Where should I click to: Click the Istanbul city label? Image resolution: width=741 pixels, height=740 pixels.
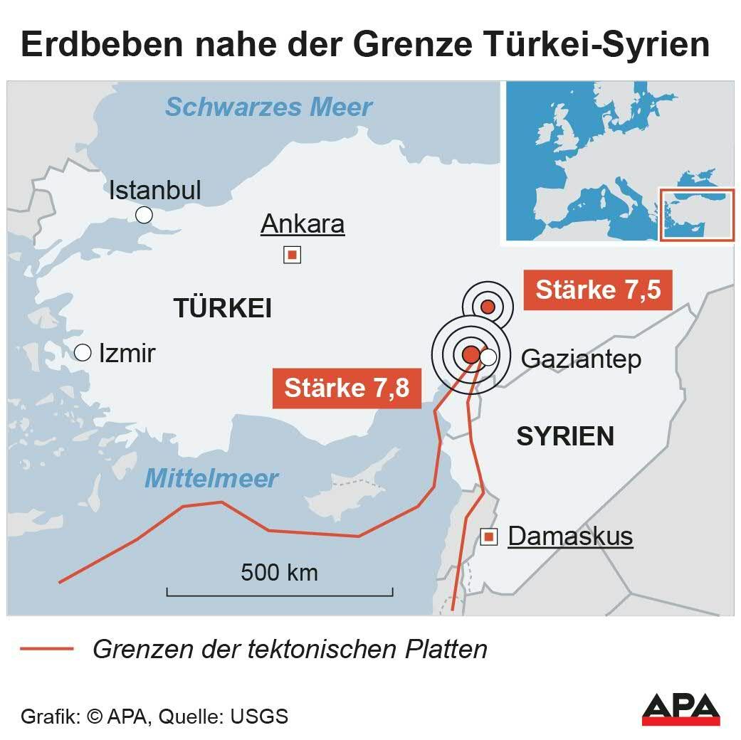pos(154,190)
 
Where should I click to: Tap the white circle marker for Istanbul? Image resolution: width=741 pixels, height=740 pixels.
pos(144,215)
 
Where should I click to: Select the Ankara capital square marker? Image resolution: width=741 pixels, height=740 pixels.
pos(292,255)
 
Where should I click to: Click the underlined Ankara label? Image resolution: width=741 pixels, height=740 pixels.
pos(303,224)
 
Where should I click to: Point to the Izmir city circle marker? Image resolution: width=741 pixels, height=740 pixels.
pos(83,352)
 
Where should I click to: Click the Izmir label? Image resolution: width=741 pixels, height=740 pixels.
pos(127,353)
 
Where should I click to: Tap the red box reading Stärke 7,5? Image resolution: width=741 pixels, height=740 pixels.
pos(598,290)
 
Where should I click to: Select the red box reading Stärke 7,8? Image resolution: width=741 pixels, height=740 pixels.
pos(347,388)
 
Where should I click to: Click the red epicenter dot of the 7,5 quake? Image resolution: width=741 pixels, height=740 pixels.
pos(488,307)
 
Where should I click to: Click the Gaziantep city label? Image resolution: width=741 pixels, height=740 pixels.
pos(581,359)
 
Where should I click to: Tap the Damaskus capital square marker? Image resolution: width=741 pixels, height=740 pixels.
pos(489,537)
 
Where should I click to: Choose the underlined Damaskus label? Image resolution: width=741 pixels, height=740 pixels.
pos(570,536)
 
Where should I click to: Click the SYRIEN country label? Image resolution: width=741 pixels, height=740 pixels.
pos(565,437)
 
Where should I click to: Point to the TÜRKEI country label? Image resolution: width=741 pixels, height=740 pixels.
pos(223,309)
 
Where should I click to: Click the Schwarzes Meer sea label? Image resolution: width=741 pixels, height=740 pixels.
pos(268,107)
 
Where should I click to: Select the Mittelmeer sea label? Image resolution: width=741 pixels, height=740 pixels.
pos(211,478)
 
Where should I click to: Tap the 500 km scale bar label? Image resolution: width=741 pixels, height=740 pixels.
pos(279,572)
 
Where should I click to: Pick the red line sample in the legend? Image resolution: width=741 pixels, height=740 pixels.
pos(47,649)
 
